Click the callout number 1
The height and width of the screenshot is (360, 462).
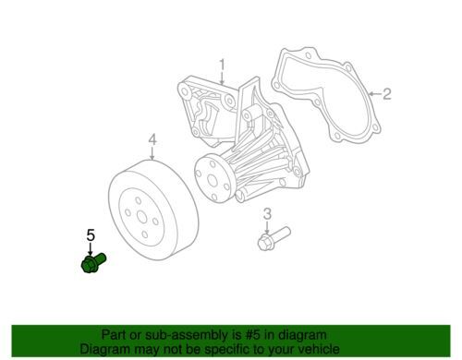pos(222,66)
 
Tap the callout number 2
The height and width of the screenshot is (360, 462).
pos(386,93)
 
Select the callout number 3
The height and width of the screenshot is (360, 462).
pos(267,214)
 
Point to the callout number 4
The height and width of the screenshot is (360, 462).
pos(152,139)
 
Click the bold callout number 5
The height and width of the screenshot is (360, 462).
pos(91,235)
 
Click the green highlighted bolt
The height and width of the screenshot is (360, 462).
pos(93,262)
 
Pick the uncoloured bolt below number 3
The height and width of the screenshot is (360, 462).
pos(274,238)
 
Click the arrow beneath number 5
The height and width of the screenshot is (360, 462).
pos(91,248)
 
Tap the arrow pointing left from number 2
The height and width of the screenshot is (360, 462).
pos(375,94)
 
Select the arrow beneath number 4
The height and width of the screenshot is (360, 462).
pos(152,154)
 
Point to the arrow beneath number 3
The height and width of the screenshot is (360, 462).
pos(267,227)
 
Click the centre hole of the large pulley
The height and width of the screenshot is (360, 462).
pos(142,217)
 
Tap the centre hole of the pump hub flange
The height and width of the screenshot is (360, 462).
pos(213,181)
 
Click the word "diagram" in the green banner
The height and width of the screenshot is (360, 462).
pos(303,335)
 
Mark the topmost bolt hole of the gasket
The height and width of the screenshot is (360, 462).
pos(308,55)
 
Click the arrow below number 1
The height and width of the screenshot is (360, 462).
pos(222,78)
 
